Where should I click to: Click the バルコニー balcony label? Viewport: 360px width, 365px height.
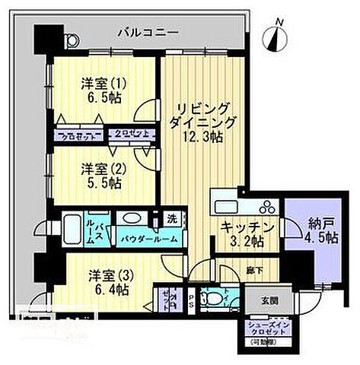(148, 33)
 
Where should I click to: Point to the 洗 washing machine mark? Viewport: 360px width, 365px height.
(173, 220)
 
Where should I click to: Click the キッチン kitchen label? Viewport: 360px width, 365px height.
(247, 227)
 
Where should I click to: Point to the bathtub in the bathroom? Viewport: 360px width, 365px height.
(73, 227)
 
